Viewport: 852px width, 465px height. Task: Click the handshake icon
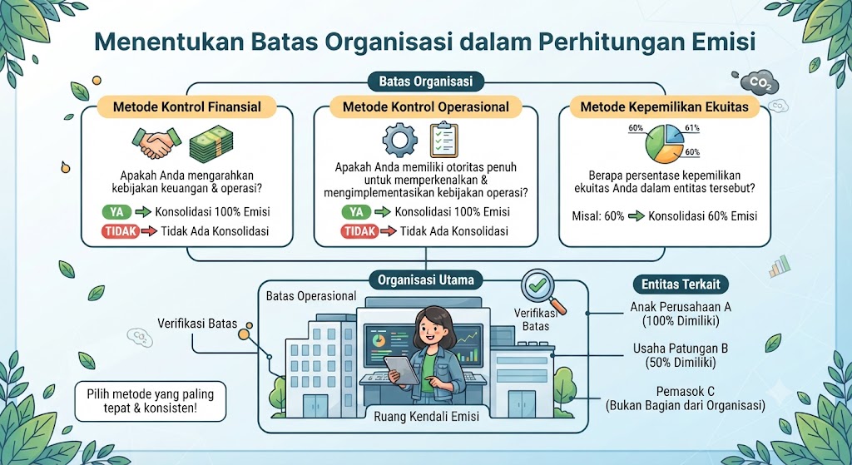click(x=156, y=142)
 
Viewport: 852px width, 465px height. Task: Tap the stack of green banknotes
click(x=211, y=144)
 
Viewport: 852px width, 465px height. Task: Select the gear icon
click(x=400, y=139)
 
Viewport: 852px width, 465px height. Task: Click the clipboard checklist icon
click(x=443, y=140)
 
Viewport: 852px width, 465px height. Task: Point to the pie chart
click(x=665, y=143)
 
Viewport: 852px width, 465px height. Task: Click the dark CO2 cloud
click(x=759, y=82)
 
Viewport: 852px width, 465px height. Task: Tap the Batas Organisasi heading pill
click(x=425, y=82)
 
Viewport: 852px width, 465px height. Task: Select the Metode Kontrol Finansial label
click(x=187, y=107)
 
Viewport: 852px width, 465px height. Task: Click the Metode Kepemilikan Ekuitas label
click(x=664, y=107)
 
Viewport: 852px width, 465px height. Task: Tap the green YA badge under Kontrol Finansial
click(x=116, y=212)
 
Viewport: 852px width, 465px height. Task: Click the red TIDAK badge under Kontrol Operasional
click(x=359, y=231)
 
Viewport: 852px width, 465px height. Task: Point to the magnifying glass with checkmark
click(x=542, y=289)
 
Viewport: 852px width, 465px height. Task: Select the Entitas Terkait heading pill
click(x=681, y=284)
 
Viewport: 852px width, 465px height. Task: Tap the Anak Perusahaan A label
click(x=681, y=314)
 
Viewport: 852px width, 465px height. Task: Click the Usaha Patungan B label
click(x=681, y=355)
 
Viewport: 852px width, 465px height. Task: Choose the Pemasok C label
click(x=686, y=398)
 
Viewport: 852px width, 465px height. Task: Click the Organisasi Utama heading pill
click(x=425, y=280)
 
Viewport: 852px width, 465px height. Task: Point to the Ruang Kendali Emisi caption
click(x=427, y=417)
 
